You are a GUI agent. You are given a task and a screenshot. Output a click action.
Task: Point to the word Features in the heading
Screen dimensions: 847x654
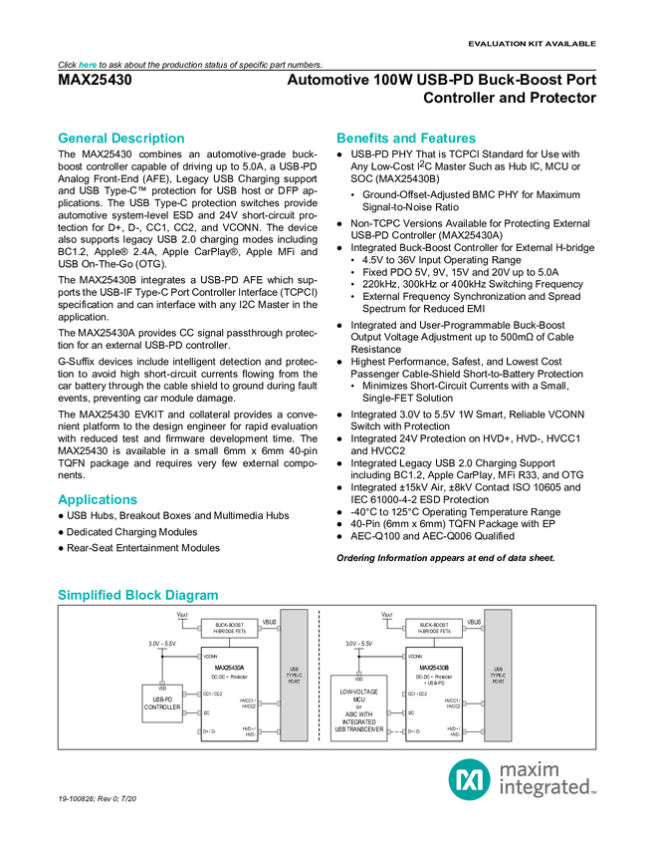[449, 139]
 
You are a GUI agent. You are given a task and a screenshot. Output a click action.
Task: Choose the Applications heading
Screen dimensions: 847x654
[98, 500]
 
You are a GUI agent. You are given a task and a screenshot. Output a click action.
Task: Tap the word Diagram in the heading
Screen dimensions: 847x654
[193, 596]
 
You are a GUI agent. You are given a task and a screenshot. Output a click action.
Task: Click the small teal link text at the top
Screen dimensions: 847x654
[88, 65]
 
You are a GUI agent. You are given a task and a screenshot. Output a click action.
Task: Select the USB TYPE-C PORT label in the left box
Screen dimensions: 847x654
[294, 675]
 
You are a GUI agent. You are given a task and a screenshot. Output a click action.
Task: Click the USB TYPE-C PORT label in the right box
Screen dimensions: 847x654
[498, 675]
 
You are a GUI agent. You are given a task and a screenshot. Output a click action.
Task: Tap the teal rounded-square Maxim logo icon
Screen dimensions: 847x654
[468, 778]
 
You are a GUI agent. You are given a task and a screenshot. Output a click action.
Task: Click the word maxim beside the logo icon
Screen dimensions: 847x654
[530, 768]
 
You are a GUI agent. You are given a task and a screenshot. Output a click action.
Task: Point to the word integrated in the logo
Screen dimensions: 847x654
[544, 788]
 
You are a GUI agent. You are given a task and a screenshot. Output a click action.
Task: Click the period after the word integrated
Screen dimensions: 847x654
[595, 793]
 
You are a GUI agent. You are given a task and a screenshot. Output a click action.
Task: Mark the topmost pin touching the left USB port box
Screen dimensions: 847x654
[277, 629]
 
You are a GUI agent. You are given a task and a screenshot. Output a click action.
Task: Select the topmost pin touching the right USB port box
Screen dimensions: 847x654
[481, 629]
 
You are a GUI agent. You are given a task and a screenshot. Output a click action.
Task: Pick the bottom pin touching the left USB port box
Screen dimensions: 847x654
[277, 731]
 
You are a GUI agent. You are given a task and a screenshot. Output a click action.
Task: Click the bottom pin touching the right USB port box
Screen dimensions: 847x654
[481, 731]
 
